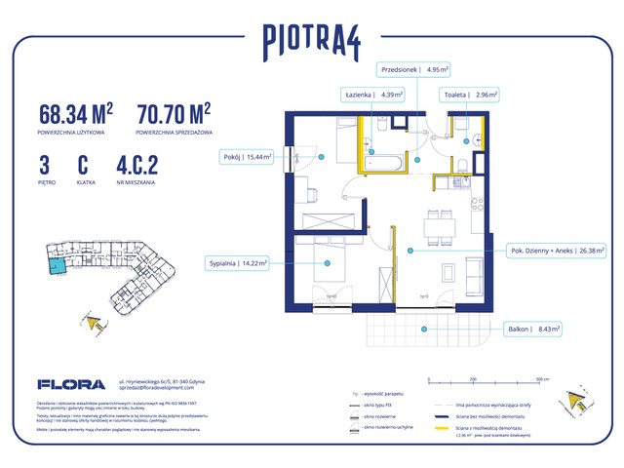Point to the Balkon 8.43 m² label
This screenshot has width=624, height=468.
click(532, 330)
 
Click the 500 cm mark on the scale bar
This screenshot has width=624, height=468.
click(537, 376)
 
